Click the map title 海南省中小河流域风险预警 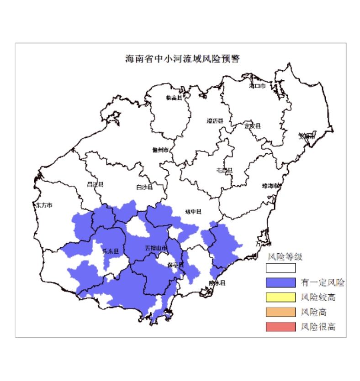click(183, 59)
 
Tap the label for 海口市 click(257, 85)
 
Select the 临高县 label click(174, 97)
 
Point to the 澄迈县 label click(214, 121)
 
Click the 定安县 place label click(252, 125)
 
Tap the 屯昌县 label click(224, 170)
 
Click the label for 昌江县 click(95, 184)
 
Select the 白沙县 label click(144, 187)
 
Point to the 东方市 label click(44, 205)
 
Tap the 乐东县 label click(110, 251)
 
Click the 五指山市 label click(156, 248)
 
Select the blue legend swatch click(281, 282)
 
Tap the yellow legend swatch click(281, 297)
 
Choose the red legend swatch click(281, 327)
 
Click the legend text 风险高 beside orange click(314, 312)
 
